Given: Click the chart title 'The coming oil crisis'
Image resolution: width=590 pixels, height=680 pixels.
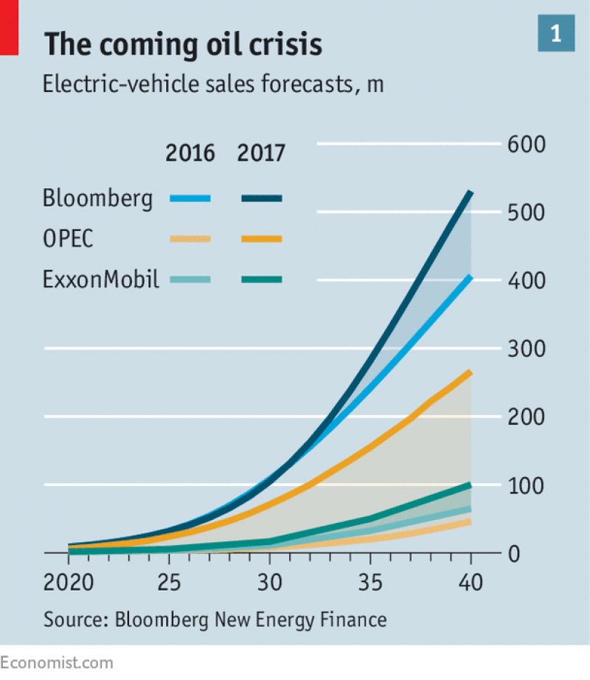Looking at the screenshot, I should [183, 44].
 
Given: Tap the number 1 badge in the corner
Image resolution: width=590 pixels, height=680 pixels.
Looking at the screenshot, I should [555, 33].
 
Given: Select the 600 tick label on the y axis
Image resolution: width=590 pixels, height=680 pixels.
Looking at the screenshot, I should [526, 144].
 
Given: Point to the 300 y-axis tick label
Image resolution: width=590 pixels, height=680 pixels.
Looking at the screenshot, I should [526, 348].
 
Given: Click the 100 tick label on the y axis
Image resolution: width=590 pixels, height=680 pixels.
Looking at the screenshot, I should [526, 485].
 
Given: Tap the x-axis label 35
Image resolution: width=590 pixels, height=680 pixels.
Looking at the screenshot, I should [372, 583].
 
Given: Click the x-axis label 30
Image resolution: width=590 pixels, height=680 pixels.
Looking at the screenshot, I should [271, 583].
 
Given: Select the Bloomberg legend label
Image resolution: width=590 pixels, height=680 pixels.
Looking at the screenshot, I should [98, 198].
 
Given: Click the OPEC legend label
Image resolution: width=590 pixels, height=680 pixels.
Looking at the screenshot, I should [69, 239].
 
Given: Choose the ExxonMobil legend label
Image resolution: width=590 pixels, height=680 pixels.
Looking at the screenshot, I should [101, 280].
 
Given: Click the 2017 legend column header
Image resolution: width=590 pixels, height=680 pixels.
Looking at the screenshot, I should [260, 153].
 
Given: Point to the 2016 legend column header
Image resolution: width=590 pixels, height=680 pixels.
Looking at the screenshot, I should [190, 153].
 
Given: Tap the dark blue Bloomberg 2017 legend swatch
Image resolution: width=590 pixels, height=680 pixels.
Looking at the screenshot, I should [261, 198].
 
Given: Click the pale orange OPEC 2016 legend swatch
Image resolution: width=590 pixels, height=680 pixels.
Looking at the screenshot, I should [190, 238].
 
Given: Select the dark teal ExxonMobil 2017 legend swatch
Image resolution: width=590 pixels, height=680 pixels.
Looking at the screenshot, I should [261, 279].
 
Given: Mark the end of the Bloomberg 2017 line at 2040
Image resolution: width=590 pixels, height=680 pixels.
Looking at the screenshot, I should [470, 193].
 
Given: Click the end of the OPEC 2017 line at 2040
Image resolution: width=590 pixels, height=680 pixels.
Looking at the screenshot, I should [470, 372].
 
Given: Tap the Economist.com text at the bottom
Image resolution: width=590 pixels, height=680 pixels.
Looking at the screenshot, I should [57, 662].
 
